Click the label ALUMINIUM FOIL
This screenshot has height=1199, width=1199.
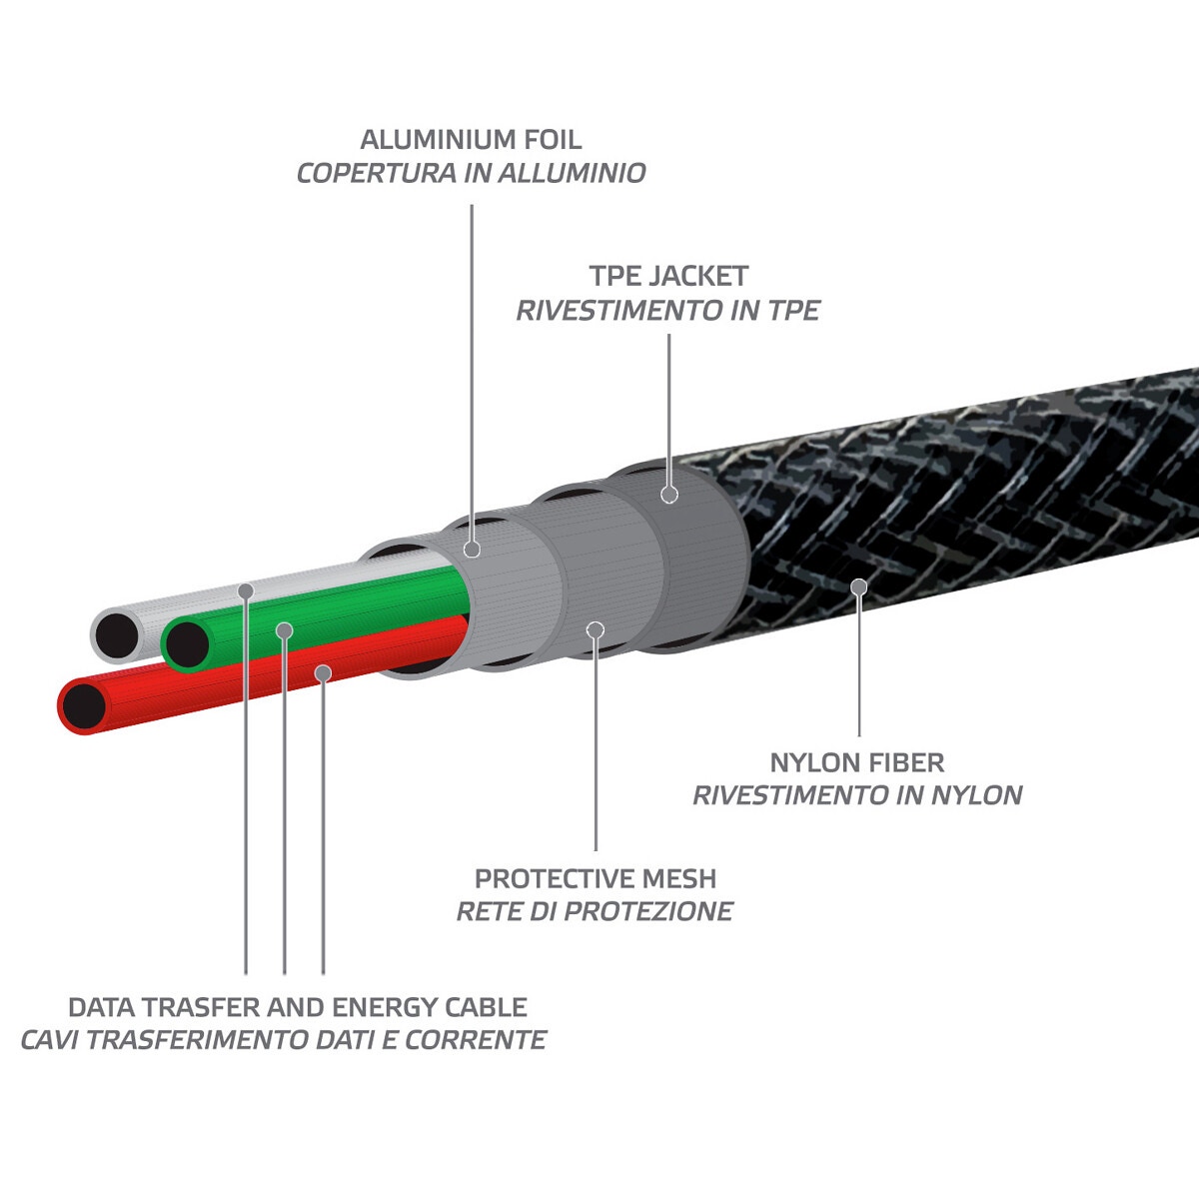[x=471, y=139]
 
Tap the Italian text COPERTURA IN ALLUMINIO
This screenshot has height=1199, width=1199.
[x=471, y=173]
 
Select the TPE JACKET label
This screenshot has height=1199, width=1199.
[x=667, y=276]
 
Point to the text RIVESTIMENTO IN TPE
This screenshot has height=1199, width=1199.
[x=667, y=311]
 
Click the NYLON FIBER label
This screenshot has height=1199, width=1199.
[x=856, y=763]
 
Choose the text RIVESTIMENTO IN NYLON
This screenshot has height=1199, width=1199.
[x=856, y=796]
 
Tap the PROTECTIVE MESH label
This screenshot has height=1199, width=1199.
[x=595, y=879]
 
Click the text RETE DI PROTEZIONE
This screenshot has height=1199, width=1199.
[x=595, y=912]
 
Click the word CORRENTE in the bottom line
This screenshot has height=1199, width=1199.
[x=487, y=1040]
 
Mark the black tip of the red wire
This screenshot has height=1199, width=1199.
[x=84, y=707]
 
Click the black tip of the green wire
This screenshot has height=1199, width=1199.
[x=186, y=644]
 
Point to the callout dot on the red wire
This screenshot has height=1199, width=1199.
[x=323, y=672]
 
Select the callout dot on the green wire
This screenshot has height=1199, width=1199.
[x=285, y=630]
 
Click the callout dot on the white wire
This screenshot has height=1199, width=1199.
[x=246, y=591]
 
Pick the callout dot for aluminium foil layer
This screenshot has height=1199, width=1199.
[x=473, y=549]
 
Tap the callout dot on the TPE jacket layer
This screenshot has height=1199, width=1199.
[x=669, y=494]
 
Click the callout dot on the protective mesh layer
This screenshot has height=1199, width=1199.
[x=596, y=630]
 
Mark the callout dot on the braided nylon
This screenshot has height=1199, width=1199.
[x=857, y=586]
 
